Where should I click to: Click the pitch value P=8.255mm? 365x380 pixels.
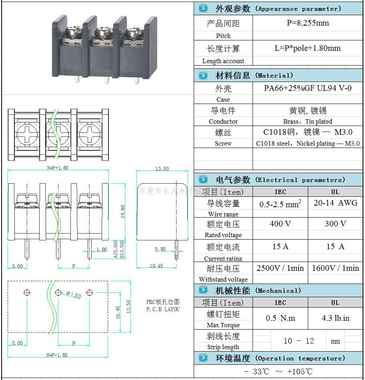pos(307,23)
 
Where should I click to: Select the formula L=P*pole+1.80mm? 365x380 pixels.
pos(307,48)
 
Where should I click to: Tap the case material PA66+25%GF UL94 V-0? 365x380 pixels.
pos(307,88)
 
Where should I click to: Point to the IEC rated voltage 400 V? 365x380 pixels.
pos(280,224)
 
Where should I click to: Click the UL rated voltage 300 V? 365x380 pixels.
pos(335,224)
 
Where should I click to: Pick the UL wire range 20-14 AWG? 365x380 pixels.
pos(335,203)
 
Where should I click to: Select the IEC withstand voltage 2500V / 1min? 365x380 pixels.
pos(280,268)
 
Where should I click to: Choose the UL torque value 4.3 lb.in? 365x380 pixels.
pos(335,318)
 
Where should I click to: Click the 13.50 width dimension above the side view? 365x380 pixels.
pos(162,169)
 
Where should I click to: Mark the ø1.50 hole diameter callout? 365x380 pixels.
pos(74,295)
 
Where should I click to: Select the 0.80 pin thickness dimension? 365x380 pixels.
pos(160,249)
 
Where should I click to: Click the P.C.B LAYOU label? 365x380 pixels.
pos(163,309)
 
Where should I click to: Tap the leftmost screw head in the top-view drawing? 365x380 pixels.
pos(27,132)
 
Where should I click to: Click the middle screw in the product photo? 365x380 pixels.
pos(101,32)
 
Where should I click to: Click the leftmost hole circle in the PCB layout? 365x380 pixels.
pos(27,292)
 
